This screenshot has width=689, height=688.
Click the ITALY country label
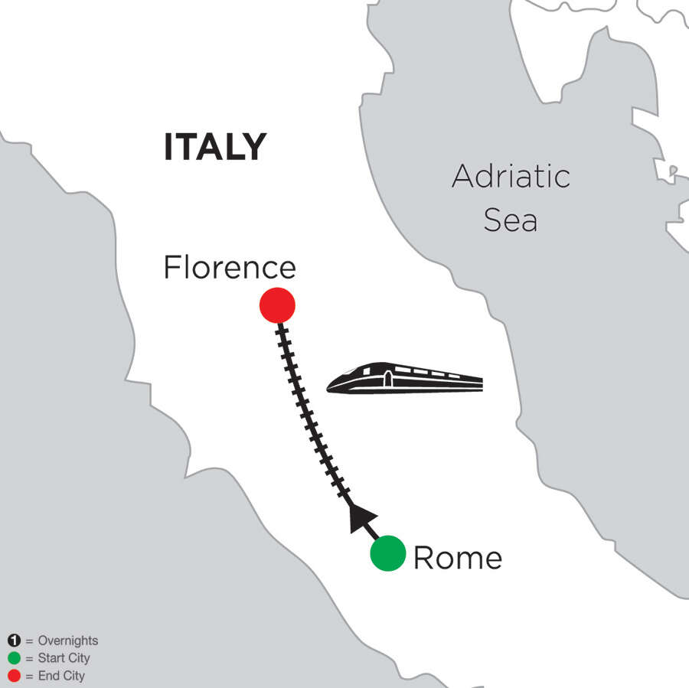[x=215, y=147]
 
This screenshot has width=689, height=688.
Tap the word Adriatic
[x=511, y=177]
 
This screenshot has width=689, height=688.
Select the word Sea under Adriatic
[x=511, y=220]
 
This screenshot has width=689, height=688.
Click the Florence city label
[x=230, y=267]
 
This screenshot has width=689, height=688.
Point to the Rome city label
[x=458, y=558]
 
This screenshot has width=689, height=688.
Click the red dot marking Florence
[x=277, y=305]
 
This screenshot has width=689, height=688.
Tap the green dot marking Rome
[x=388, y=553]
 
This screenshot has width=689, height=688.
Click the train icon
[x=405, y=377]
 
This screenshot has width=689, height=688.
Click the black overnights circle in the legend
[x=13, y=641]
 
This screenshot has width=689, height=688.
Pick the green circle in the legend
[x=13, y=658]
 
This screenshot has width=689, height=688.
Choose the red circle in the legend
[x=13, y=676]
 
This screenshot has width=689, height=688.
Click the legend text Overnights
[x=67, y=641]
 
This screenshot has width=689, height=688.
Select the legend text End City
[x=60, y=676]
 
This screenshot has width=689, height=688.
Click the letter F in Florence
[x=172, y=267]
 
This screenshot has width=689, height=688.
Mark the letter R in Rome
[x=423, y=558]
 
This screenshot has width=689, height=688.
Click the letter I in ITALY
[x=168, y=147]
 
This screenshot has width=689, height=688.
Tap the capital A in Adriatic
[x=463, y=177]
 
